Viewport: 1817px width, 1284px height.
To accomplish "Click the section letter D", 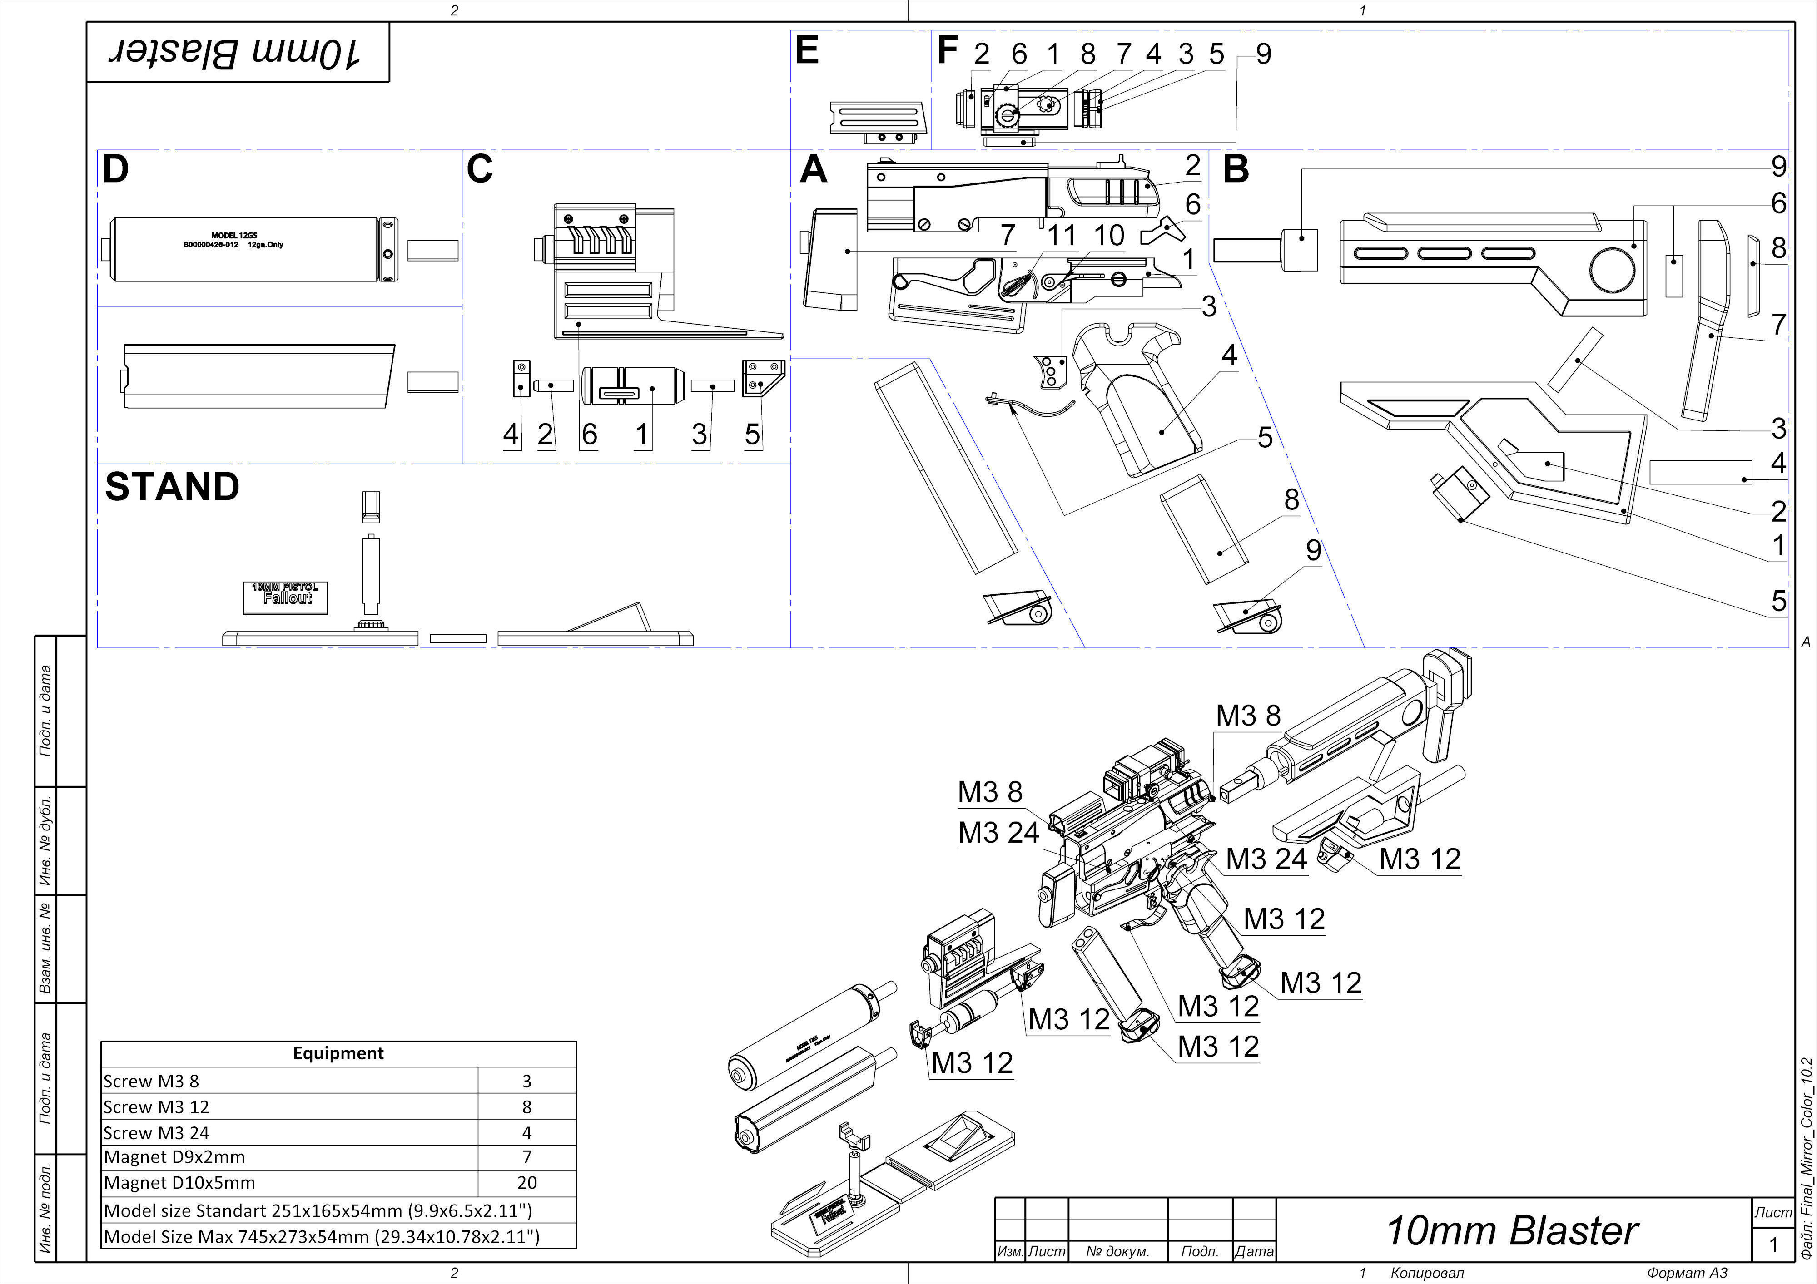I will click(115, 169).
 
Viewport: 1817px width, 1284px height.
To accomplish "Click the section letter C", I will click(480, 169).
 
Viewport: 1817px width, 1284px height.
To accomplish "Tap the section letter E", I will click(806, 51).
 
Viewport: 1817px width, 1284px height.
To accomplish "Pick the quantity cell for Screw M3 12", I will click(526, 1107).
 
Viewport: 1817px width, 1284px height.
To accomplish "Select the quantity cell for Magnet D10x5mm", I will click(526, 1183).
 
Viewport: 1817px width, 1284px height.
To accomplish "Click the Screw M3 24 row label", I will click(157, 1133).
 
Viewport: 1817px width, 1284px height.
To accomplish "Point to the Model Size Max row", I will click(321, 1236).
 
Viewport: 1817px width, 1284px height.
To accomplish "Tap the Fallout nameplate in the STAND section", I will click(286, 597).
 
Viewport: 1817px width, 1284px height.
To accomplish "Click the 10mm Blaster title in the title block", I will click(1512, 1230).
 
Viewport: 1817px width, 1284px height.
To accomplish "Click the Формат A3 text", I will click(1687, 1273).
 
